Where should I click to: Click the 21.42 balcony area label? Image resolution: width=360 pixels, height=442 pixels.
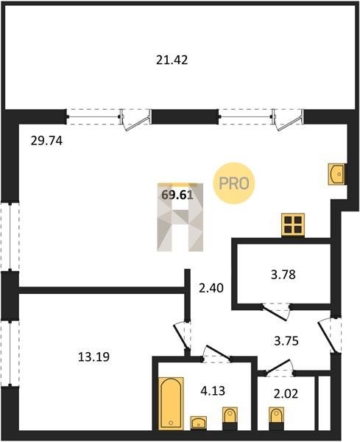[172, 60]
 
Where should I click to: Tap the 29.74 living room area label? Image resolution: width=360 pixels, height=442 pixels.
[46, 141]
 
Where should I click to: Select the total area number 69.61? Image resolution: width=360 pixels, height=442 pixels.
[177, 194]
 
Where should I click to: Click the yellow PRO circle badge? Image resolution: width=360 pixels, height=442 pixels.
[234, 183]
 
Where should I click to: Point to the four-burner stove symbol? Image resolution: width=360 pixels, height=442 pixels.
[293, 225]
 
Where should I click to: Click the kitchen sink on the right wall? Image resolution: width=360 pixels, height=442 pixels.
[337, 175]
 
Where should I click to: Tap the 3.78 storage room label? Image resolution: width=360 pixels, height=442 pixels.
[283, 274]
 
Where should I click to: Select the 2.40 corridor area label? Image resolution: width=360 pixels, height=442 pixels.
[211, 288]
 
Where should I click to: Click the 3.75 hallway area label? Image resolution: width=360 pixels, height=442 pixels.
[286, 341]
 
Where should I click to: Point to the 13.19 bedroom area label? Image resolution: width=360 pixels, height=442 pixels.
[93, 357]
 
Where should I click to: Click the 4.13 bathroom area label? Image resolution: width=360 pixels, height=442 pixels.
[213, 390]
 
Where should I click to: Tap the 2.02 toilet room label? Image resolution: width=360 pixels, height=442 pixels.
[286, 393]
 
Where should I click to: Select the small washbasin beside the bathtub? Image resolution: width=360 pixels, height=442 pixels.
[199, 423]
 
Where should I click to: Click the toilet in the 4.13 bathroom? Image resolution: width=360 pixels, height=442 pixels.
[230, 418]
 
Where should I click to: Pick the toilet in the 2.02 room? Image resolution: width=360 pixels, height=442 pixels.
[276, 418]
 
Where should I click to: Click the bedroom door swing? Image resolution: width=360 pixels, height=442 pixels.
[181, 337]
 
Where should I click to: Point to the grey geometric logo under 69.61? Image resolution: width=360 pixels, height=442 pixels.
[180, 217]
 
